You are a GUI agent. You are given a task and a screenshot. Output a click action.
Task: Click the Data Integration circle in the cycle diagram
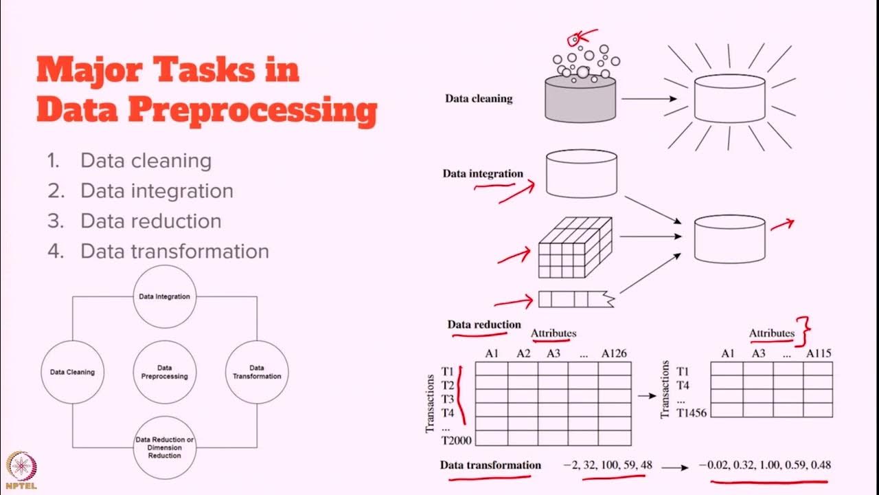click(x=164, y=296)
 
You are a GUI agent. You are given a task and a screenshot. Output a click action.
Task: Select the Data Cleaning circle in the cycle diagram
click(x=72, y=372)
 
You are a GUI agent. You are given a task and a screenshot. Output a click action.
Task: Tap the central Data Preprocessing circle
click(x=164, y=372)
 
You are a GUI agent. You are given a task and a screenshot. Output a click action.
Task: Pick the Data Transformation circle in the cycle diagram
click(x=256, y=372)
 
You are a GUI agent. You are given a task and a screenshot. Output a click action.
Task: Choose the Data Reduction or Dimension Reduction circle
click(x=164, y=448)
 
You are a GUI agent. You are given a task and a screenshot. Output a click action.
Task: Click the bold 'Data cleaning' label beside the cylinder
click(x=479, y=98)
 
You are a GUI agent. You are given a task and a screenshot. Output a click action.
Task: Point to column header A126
click(x=614, y=353)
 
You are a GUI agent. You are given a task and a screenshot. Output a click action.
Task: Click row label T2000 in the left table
click(x=453, y=440)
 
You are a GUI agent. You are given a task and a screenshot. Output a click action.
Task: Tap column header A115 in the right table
click(x=818, y=353)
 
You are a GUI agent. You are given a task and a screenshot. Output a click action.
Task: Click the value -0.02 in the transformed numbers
click(x=714, y=465)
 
